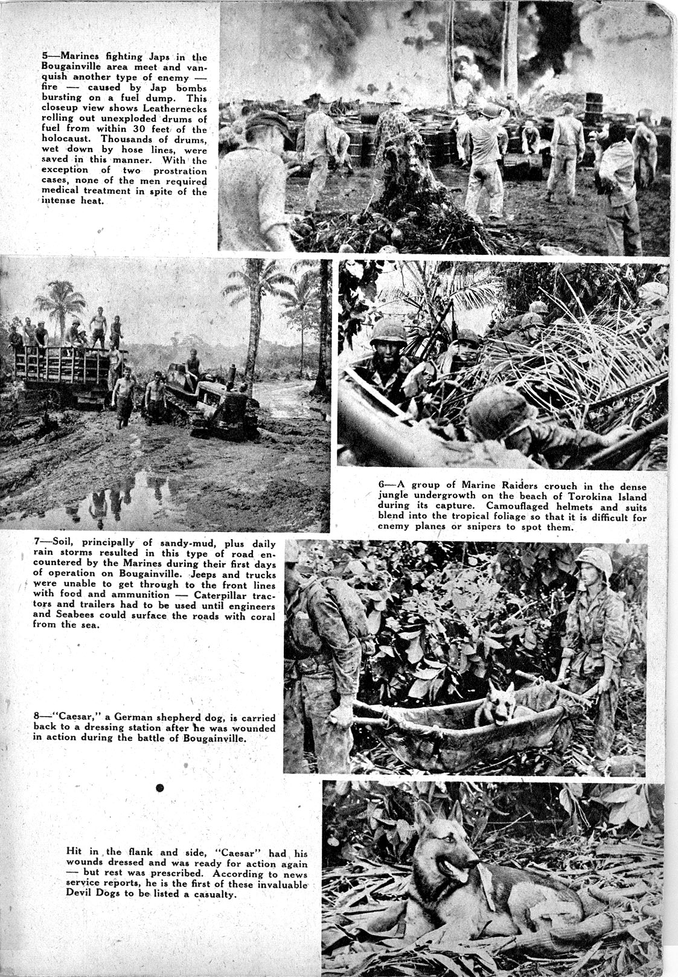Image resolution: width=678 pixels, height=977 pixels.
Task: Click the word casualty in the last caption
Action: click(212, 894)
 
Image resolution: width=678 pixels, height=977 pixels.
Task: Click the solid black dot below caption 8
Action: click(160, 787)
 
